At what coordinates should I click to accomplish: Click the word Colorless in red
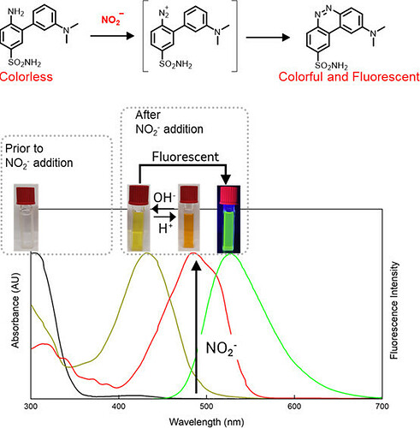pos(27,77)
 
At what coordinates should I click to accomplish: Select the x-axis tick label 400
pos(119,407)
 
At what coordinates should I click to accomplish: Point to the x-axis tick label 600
pos(294,407)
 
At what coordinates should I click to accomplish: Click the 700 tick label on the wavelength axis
pos(382,407)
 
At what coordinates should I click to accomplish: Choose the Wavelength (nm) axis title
pos(206,422)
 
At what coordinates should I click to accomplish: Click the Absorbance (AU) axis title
pos(15,311)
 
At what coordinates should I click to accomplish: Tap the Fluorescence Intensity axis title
pos(393,311)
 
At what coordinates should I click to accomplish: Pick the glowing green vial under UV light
pos(228,219)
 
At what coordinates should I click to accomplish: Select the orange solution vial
pos(189,218)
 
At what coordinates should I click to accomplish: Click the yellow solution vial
pos(139,218)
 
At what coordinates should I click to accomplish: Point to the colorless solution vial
pos(27,218)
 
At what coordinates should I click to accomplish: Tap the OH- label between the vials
pos(164,198)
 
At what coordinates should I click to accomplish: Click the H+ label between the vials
pos(165,229)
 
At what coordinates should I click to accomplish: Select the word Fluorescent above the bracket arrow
pos(186,157)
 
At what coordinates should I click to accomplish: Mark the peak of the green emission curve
pos(230,253)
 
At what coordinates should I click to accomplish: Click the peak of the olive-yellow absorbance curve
pos(146,253)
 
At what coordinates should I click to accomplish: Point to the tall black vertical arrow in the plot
pos(196,327)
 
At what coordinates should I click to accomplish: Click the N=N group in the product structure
pos(324,12)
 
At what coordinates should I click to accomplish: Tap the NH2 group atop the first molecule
pos(16,12)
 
